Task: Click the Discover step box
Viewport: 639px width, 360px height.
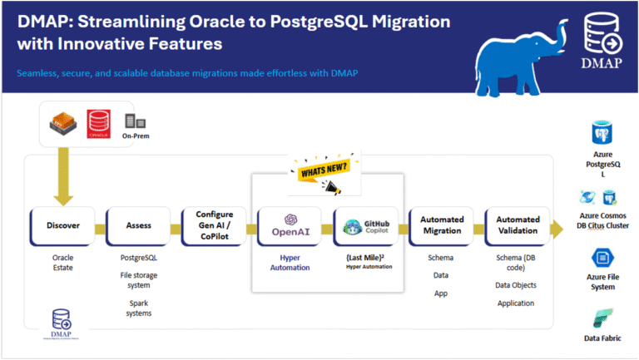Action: click(x=62, y=224)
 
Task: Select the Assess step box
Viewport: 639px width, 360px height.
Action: click(x=138, y=224)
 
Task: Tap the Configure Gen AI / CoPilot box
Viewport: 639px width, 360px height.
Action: click(x=214, y=224)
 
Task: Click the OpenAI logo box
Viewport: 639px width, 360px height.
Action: click(x=290, y=224)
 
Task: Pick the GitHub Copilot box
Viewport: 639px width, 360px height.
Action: click(x=365, y=224)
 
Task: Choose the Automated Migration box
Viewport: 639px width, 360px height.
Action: click(x=441, y=224)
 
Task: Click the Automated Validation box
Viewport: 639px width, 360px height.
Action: click(x=517, y=224)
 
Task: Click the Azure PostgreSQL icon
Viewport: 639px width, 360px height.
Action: click(x=603, y=136)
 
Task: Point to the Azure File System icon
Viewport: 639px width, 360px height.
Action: click(x=603, y=258)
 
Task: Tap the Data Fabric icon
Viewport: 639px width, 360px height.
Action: click(x=603, y=318)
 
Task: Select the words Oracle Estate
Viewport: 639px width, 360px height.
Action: click(x=62, y=263)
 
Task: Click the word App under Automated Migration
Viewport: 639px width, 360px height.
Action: click(x=441, y=293)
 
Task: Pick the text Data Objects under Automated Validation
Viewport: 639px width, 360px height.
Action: click(x=517, y=285)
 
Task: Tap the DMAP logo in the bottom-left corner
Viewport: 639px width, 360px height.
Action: click(x=62, y=323)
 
